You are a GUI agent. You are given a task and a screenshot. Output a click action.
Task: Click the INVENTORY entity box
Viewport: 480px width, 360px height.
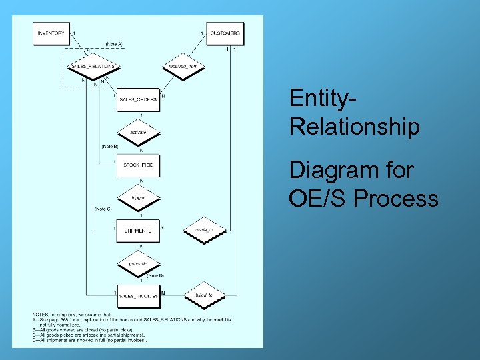pos(51,33)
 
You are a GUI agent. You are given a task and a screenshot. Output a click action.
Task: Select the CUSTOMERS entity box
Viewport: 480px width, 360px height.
pos(225,33)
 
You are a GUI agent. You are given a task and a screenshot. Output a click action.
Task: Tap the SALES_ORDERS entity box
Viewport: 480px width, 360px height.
pos(138,99)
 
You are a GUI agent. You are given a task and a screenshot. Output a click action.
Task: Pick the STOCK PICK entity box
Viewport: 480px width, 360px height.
pos(138,165)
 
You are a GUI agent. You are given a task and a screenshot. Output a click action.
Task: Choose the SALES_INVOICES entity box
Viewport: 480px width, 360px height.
pos(138,295)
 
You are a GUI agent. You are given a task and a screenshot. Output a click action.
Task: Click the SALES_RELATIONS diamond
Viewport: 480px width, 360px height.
pos(93,67)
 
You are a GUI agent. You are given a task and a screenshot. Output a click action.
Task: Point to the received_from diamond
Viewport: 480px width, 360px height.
pos(183,67)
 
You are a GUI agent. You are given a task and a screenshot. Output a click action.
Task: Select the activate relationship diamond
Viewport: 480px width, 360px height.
pos(138,132)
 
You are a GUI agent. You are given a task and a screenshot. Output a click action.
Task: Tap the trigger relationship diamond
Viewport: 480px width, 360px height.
pos(138,197)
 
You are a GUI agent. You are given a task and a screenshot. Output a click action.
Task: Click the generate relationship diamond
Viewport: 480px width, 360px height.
pos(138,263)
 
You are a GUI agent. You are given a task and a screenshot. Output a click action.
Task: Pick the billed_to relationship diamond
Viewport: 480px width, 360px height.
pos(203,295)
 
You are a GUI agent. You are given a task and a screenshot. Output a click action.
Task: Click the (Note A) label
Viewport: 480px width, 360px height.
pos(114,44)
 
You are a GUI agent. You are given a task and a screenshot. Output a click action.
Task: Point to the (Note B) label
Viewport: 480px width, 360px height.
pos(109,145)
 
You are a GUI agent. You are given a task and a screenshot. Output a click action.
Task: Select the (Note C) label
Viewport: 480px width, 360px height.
pos(103,209)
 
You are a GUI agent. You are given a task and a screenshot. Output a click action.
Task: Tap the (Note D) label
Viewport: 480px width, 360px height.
pos(155,275)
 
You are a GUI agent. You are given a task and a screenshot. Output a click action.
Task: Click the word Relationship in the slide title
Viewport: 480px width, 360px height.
pos(354,127)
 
